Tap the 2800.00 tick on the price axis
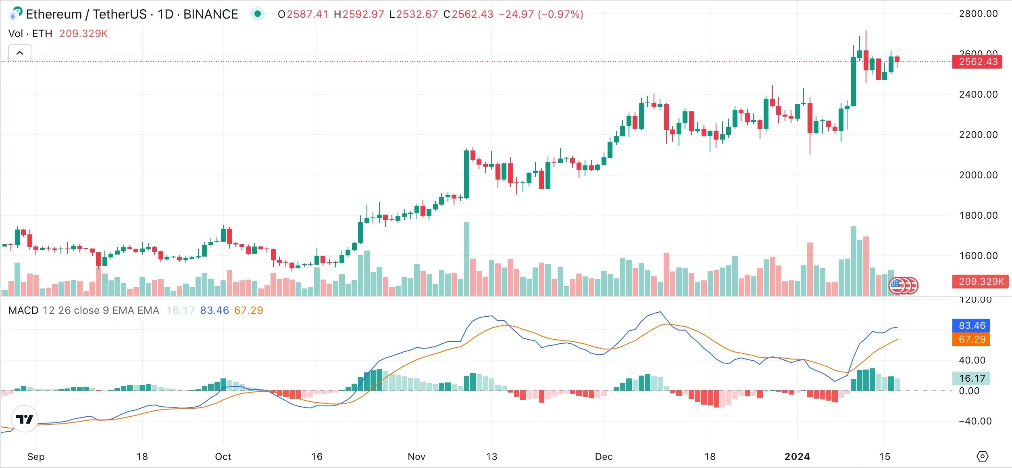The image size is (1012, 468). [978, 14]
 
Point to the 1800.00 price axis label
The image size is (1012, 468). [978, 215]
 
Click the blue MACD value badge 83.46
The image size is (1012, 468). [971, 326]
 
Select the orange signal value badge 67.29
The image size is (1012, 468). [971, 339]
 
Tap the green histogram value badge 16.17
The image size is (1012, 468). [971, 378]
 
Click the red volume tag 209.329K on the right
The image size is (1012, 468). [980, 282]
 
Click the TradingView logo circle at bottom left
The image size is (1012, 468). [25, 419]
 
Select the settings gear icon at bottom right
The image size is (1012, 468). [983, 456]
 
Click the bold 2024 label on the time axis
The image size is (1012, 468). [797, 457]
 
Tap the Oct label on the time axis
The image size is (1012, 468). [223, 457]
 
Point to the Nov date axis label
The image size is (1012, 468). [416, 457]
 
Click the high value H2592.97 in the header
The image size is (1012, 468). [359, 15]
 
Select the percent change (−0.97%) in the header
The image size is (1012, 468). [560, 15]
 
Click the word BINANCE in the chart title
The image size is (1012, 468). [210, 15]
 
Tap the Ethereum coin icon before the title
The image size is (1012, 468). [15, 14]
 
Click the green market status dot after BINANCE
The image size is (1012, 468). [258, 14]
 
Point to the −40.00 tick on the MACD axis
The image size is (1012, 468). [975, 421]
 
